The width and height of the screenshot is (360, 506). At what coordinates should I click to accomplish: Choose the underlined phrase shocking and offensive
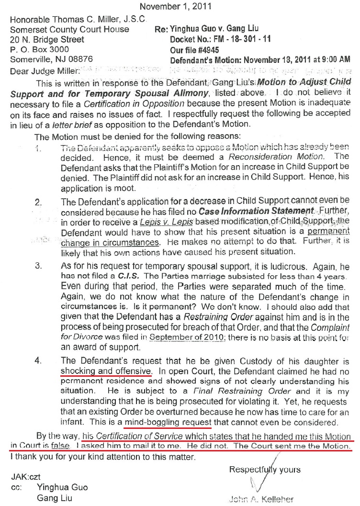(107, 371)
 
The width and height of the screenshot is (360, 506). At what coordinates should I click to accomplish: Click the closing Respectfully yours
(265, 469)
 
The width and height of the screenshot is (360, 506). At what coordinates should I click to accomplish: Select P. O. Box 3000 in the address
(39, 49)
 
